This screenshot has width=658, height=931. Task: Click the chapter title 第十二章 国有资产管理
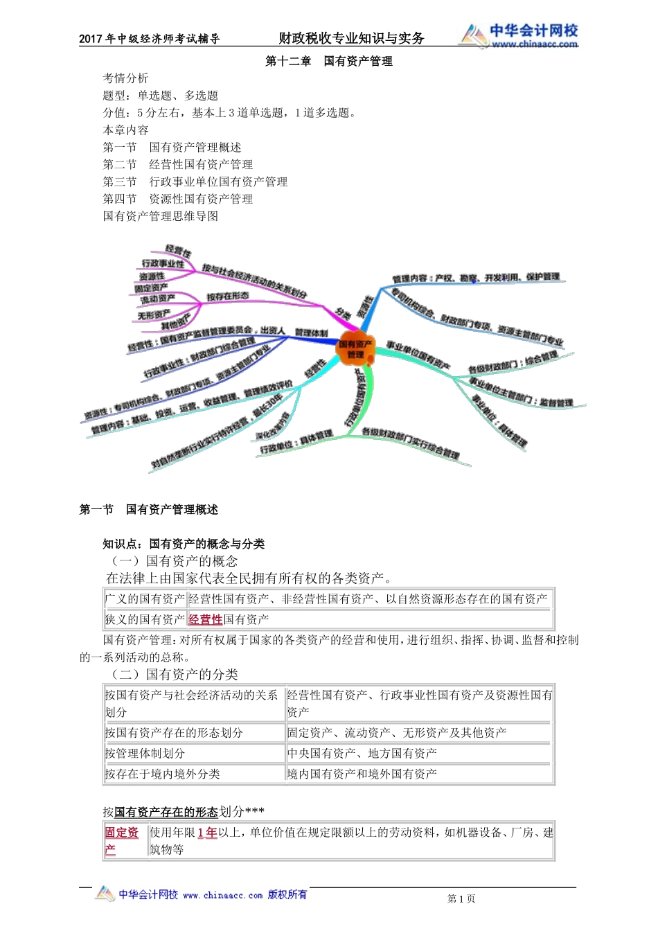tap(329, 62)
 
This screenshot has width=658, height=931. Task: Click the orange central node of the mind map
tap(355, 348)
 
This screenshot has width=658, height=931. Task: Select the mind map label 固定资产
tap(151, 287)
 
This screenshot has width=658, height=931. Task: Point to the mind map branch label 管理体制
tap(311, 333)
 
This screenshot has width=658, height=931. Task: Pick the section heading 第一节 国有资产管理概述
tap(149, 510)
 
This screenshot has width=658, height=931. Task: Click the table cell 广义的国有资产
tap(145, 599)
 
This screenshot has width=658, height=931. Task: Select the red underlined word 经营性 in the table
tap(205, 620)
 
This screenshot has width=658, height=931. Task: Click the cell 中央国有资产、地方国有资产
tap(362, 754)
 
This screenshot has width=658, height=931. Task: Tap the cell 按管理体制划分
tap(145, 754)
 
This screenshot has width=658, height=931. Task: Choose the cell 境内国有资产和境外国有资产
tap(362, 774)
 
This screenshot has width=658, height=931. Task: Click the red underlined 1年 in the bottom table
tap(207, 833)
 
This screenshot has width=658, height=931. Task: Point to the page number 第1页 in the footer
tap(461, 899)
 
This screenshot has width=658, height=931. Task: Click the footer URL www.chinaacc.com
tap(222, 896)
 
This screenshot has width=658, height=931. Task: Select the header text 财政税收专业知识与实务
tap(351, 39)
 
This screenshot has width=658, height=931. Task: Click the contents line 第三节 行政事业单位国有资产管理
tap(195, 182)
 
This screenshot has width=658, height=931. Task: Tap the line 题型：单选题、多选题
tap(161, 96)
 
